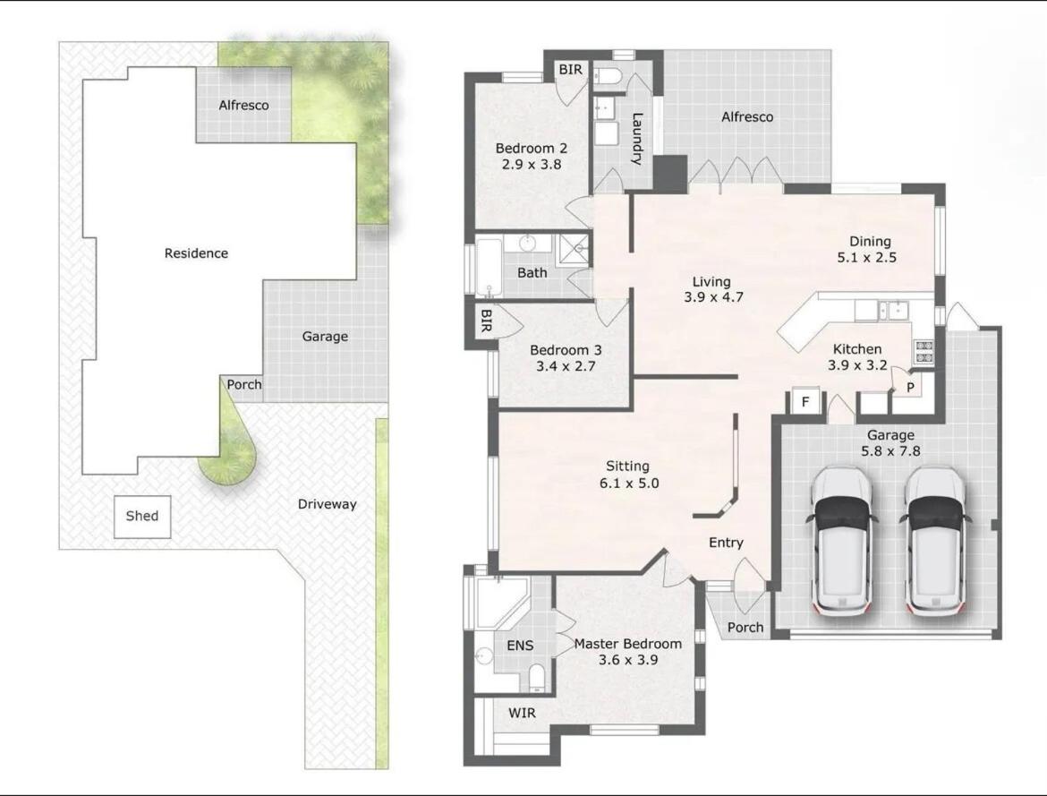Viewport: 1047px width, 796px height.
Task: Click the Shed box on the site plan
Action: click(x=142, y=517)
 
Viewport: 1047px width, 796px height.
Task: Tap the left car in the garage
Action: click(x=841, y=542)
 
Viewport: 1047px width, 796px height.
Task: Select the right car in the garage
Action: click(x=935, y=542)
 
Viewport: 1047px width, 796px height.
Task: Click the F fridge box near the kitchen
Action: click(x=805, y=402)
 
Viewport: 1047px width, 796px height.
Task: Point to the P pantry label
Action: click(x=910, y=388)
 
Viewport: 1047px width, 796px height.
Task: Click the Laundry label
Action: click(x=636, y=139)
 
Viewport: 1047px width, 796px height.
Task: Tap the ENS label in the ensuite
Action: click(x=520, y=646)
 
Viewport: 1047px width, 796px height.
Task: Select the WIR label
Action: click(x=523, y=713)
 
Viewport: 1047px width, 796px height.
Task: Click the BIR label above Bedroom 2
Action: click(x=570, y=70)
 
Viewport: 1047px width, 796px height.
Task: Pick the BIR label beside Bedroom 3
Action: click(x=486, y=321)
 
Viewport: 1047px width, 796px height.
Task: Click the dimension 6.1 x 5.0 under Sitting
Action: click(x=629, y=484)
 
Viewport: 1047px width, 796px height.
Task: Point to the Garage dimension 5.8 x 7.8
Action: click(x=890, y=451)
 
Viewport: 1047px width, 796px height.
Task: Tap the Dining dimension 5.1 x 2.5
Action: click(x=867, y=257)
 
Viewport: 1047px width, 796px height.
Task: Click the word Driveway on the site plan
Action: click(x=328, y=505)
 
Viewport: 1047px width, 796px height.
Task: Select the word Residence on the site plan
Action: click(x=196, y=253)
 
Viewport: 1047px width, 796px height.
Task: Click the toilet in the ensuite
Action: click(x=537, y=678)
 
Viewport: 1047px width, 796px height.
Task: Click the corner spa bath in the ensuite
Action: click(x=501, y=603)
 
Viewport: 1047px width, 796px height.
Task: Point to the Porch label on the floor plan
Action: click(x=745, y=628)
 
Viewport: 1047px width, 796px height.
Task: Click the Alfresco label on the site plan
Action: click(x=243, y=106)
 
